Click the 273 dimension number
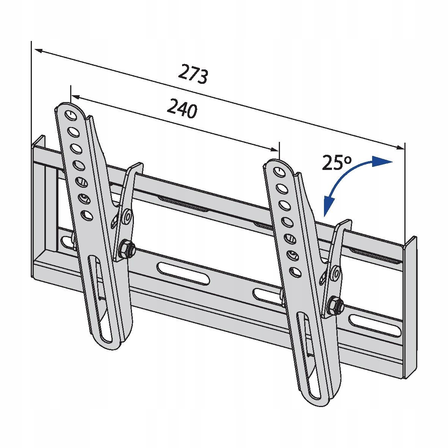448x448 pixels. pos(193,74)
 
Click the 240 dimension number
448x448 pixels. pos(182,108)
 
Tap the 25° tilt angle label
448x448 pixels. pos(336,162)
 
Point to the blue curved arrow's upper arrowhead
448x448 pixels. pos(382,162)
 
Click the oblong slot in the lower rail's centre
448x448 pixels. pos(183,274)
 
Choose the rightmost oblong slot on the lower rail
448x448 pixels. pos(375,326)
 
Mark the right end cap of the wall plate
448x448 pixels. pos(410,307)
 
